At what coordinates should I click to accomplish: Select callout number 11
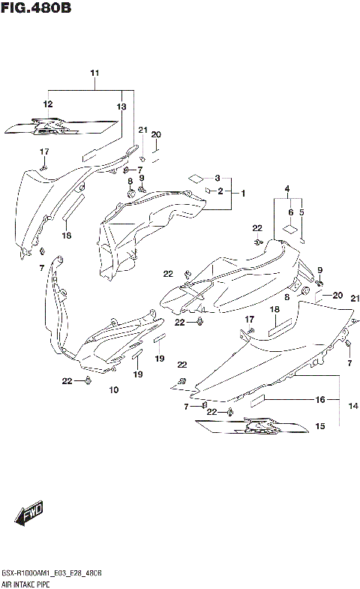pyautogui.click(x=94, y=73)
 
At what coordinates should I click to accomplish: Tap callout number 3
pyautogui.click(x=217, y=178)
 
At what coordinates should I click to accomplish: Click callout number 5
pyautogui.click(x=303, y=212)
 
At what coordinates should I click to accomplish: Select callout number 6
pyautogui.click(x=289, y=212)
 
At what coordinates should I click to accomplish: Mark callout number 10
pyautogui.click(x=114, y=390)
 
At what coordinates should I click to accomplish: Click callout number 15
pyautogui.click(x=319, y=427)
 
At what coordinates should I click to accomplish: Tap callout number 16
pyautogui.click(x=320, y=400)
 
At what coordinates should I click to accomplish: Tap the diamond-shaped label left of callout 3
pyautogui.click(x=194, y=178)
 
